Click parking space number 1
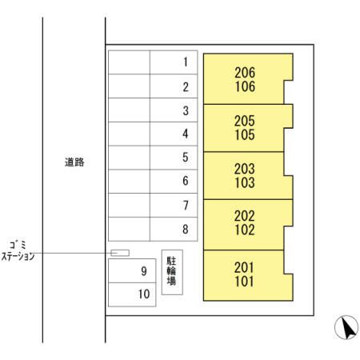tap(174, 62)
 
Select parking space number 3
tap(174, 110)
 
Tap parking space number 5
tap(174, 158)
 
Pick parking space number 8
tap(174, 229)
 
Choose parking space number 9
tap(132, 270)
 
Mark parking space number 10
tap(132, 294)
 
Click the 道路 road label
tap(74, 162)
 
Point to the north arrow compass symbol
tap(346, 327)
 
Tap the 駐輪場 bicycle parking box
tap(172, 272)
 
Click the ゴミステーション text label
tap(18, 251)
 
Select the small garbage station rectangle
tap(120, 253)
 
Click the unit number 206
tap(245, 73)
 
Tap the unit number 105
tap(245, 134)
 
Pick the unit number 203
tap(245, 169)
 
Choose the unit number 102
tap(245, 230)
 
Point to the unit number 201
tap(244, 267)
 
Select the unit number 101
tap(244, 282)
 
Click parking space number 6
tap(174, 182)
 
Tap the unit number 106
tap(245, 86)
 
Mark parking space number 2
tap(174, 86)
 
